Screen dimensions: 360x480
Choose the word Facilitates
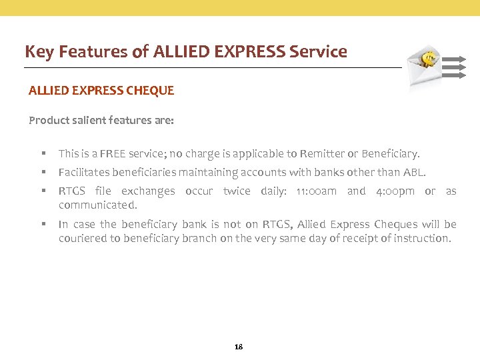[x=83, y=173]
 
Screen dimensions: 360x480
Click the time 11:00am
[x=316, y=191]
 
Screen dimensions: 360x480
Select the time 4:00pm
[x=395, y=191]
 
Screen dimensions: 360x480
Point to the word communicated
[x=97, y=205]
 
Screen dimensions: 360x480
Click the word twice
[x=237, y=191]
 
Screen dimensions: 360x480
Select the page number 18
[x=239, y=347]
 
